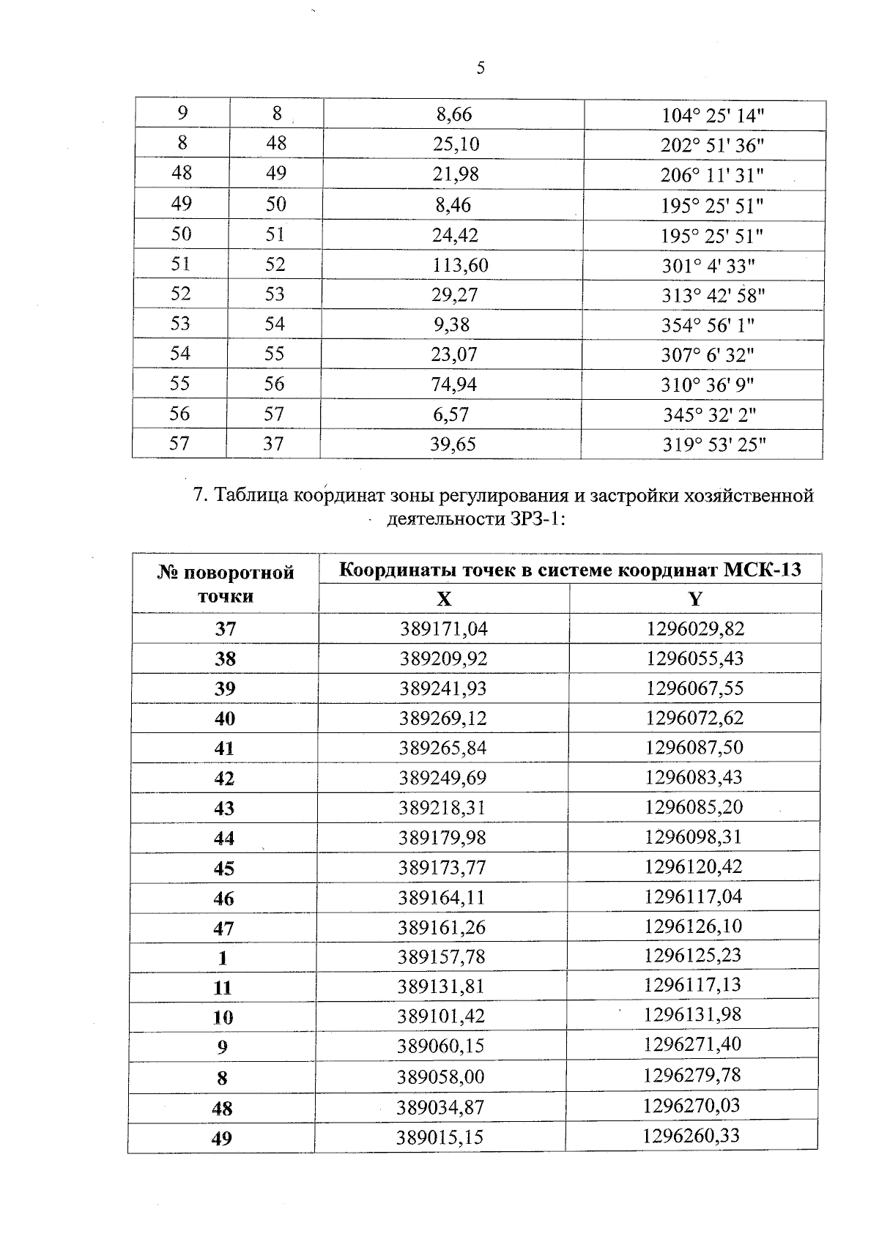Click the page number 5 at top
(481, 69)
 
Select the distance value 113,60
(460, 265)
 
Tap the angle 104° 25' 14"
(713, 116)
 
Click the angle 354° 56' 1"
(708, 325)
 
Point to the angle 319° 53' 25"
(714, 445)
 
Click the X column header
(444, 600)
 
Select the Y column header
(695, 600)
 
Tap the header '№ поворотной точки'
(226, 584)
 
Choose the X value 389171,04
(444, 629)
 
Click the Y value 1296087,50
(694, 748)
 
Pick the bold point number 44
(224, 838)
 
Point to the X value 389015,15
(440, 1138)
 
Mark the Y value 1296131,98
(693, 1015)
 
